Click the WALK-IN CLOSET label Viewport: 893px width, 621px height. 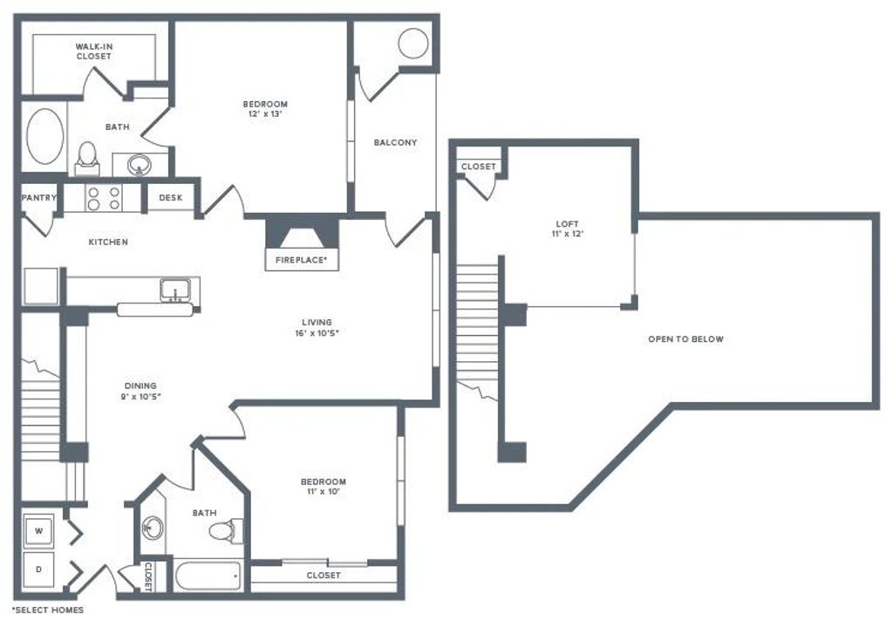pos(93,51)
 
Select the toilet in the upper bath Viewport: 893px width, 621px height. pos(86,155)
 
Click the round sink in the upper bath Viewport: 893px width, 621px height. pos(138,163)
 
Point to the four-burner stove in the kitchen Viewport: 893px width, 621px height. pos(104,198)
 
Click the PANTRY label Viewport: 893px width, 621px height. pos(39,198)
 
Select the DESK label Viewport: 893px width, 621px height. pos(171,198)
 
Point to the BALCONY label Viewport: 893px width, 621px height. pos(395,142)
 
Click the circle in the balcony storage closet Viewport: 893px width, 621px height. pos(413,43)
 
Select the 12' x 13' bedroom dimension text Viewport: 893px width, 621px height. pos(264,113)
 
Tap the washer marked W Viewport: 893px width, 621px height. pos(39,529)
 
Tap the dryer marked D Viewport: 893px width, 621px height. pos(39,569)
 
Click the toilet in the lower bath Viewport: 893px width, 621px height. pos(231,529)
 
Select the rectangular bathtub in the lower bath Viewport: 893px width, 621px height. pos(207,576)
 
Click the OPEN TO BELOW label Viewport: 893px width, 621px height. pos(685,338)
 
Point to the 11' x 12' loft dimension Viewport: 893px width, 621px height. pos(567,234)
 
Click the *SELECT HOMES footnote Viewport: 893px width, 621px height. pos(48,610)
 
